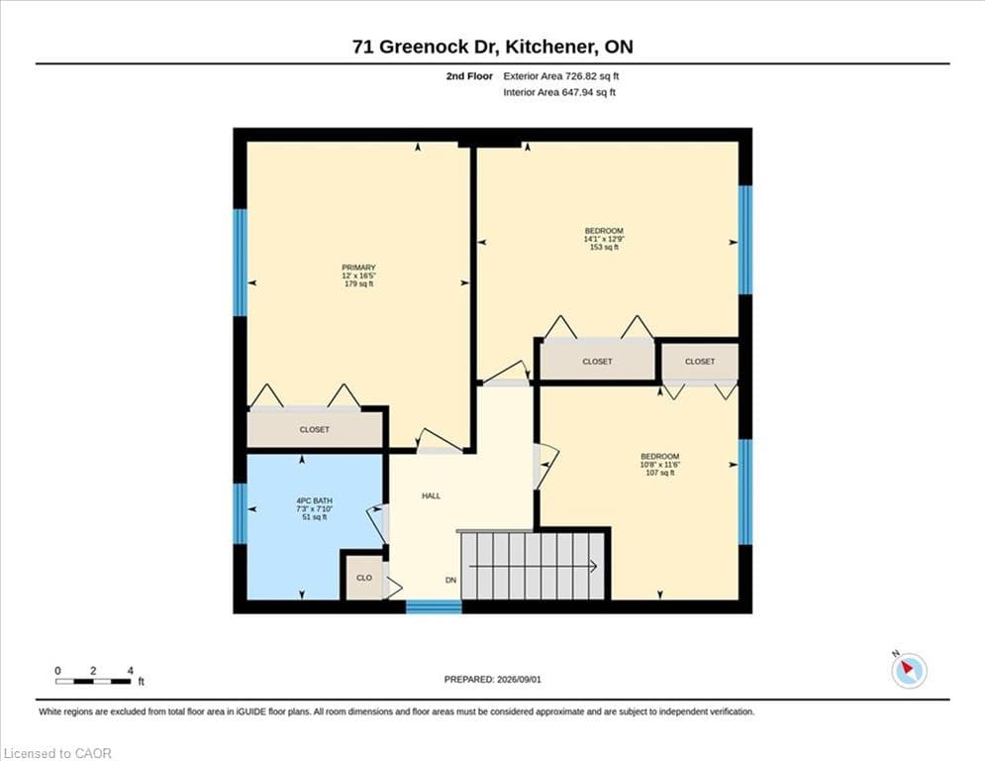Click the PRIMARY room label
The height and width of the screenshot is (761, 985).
pos(358,268)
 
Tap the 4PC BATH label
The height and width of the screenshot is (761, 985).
pos(314,500)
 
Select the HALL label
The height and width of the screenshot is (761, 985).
pos(431,495)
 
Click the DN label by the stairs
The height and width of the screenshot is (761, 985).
pos(450,580)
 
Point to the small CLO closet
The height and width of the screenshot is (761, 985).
pos(364,578)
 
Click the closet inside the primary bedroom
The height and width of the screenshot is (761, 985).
pos(315,430)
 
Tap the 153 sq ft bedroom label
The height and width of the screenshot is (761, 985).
pos(604,239)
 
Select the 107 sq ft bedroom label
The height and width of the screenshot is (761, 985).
pos(659,464)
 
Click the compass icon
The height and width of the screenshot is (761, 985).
pos(909,671)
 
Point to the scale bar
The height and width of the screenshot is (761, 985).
pos(93,681)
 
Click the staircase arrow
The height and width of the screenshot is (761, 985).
pos(533,567)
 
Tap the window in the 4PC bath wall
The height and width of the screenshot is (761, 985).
pos(240,513)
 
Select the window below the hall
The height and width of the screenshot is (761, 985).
pos(434,606)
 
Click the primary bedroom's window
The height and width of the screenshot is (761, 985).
pos(240,263)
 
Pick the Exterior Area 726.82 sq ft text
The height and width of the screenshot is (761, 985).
pos(561,76)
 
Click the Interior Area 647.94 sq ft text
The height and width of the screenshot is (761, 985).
pos(559,92)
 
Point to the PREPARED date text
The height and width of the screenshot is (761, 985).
pos(493,679)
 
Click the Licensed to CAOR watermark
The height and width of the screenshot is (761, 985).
pos(57,753)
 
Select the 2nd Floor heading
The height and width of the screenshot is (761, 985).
pos(469,76)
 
